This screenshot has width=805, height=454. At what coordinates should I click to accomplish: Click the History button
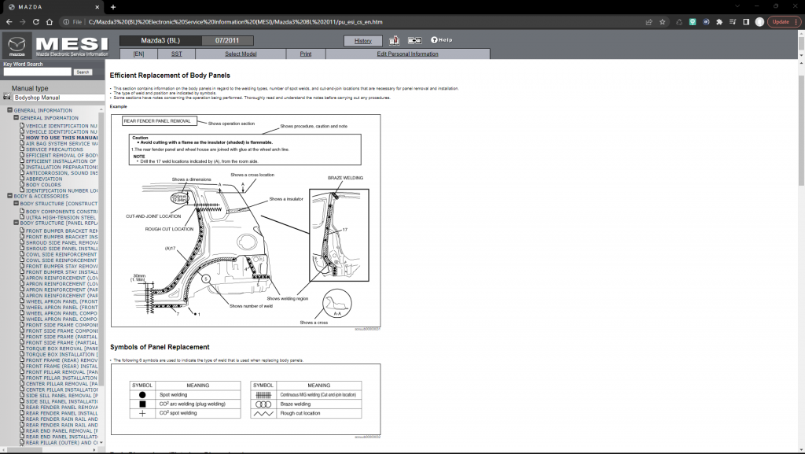click(363, 40)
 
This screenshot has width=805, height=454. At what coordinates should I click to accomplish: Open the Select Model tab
click(241, 54)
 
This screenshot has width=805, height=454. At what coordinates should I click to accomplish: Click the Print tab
click(305, 54)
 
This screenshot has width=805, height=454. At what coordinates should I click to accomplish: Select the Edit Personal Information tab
click(407, 54)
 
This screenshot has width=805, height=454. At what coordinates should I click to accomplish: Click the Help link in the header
click(441, 40)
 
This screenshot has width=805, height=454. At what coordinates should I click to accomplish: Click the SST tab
click(176, 54)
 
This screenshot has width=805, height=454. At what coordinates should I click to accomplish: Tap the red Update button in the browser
click(784, 22)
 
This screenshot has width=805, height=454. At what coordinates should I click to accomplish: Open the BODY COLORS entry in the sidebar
click(43, 184)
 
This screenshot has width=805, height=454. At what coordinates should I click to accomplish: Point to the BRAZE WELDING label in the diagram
click(345, 178)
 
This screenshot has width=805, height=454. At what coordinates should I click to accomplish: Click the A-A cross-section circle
click(337, 303)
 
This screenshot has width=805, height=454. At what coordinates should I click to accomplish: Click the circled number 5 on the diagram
click(205, 279)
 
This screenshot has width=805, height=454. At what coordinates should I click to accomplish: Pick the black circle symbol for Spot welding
click(142, 394)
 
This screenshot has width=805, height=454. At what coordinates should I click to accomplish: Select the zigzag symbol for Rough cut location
click(263, 412)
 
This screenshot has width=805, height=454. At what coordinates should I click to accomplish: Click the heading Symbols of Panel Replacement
click(160, 347)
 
